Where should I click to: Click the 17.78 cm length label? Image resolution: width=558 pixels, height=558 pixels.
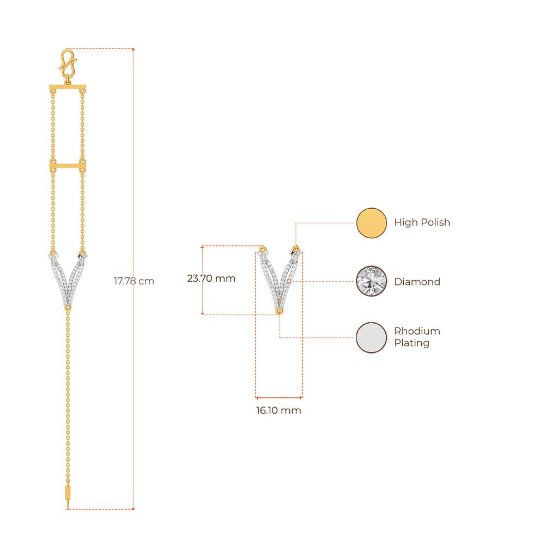[134, 281]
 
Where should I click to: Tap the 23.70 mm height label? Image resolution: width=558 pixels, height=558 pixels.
[211, 278]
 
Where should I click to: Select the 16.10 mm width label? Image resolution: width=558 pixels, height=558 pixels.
[278, 410]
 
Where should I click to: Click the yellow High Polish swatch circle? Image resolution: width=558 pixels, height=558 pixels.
[372, 223]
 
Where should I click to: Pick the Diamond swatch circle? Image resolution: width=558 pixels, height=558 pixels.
[372, 281]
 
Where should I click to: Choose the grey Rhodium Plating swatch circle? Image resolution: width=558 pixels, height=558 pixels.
[372, 338]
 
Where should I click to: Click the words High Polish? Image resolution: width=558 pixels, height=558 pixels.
[422, 222]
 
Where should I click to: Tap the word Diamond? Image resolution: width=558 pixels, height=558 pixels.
[417, 282]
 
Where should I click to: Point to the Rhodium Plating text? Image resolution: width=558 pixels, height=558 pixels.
[417, 337]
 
